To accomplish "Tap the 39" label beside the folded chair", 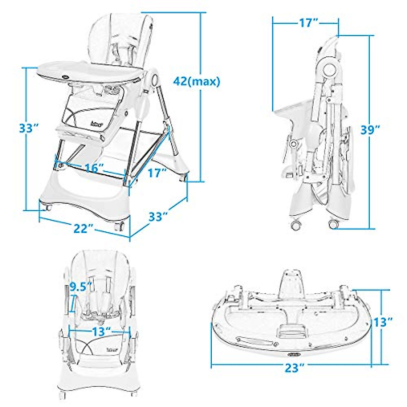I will coord(369,130).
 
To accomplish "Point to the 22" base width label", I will coord(83,229).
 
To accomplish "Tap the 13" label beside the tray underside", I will coord(383,322).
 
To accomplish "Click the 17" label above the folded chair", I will coord(308,23).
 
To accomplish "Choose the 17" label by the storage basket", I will coord(157,173).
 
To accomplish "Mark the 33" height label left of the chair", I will coord(28,129).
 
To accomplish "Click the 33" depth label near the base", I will coord(158,216).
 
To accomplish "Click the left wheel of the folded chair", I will coord(296,225).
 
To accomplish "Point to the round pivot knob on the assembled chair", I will coord(155,80).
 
